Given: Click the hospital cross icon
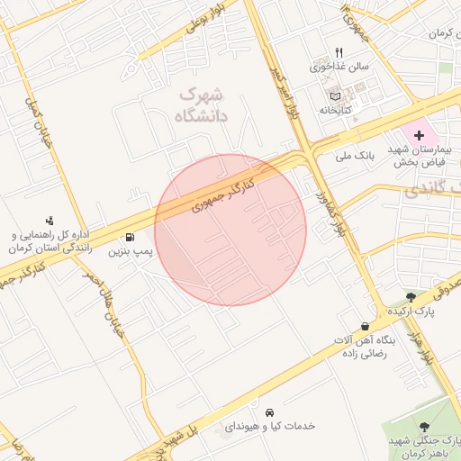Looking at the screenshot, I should click(419, 134).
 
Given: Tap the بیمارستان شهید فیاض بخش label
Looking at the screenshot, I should click(428, 156).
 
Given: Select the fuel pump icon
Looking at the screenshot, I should click(131, 239).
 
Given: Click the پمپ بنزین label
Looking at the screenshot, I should click(131, 254).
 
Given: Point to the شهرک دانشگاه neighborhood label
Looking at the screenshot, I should click(203, 104).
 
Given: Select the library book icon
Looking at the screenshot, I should click(336, 95).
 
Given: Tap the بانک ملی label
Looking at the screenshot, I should click(354, 157).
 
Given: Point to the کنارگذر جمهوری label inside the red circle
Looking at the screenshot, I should click(224, 194).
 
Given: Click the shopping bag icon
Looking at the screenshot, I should click(364, 325).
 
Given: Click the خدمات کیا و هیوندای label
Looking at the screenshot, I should click(271, 424).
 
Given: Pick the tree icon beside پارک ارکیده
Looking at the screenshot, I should click(411, 295).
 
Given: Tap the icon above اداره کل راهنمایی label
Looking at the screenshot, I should click(50, 220).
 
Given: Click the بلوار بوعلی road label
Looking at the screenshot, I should click(202, 20).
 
